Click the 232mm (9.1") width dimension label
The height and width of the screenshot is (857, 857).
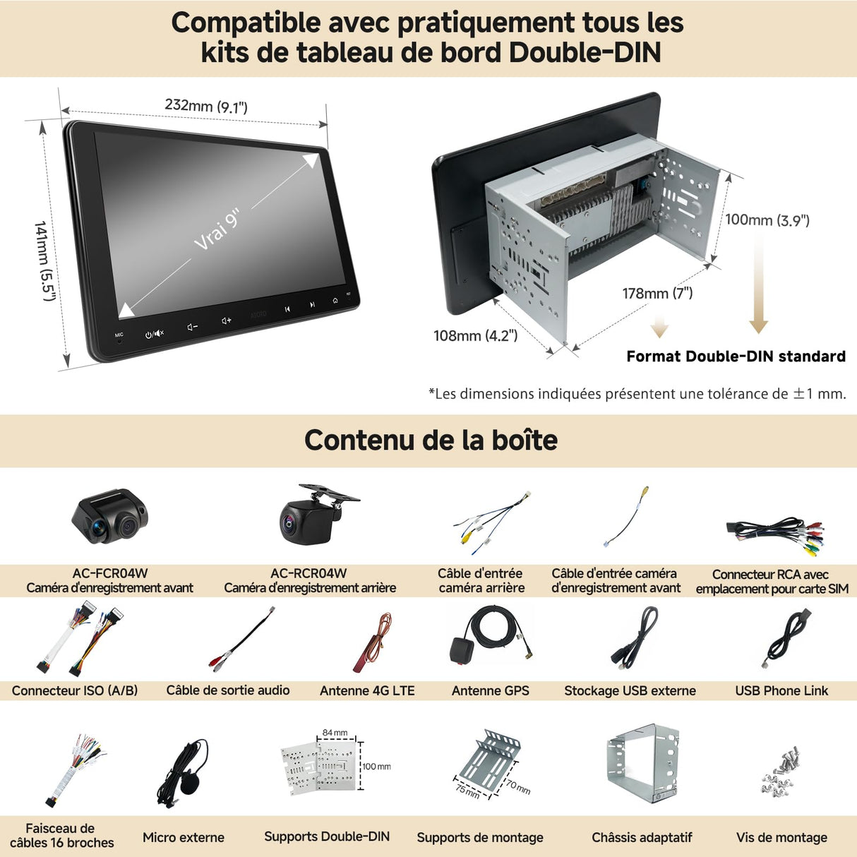point(206,106)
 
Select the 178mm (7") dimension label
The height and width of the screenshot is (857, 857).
point(657,293)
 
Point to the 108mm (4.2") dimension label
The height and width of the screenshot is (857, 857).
point(475,336)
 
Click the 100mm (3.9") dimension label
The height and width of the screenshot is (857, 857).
point(767,220)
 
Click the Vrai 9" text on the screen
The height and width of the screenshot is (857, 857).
point(217,229)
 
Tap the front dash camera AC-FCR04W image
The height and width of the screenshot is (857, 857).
point(109,517)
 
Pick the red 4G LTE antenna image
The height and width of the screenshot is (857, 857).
point(373,642)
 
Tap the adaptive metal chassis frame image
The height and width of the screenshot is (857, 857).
point(642,765)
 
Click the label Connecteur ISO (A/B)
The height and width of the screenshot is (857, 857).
point(75,690)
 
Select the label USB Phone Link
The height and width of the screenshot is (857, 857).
point(781,690)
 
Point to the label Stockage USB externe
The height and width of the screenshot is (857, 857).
point(630,690)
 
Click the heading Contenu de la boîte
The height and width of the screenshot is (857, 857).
point(431,440)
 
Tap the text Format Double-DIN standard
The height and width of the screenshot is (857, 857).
point(736,356)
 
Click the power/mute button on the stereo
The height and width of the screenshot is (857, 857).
point(154,333)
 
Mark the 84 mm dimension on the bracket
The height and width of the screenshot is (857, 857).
point(335,733)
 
